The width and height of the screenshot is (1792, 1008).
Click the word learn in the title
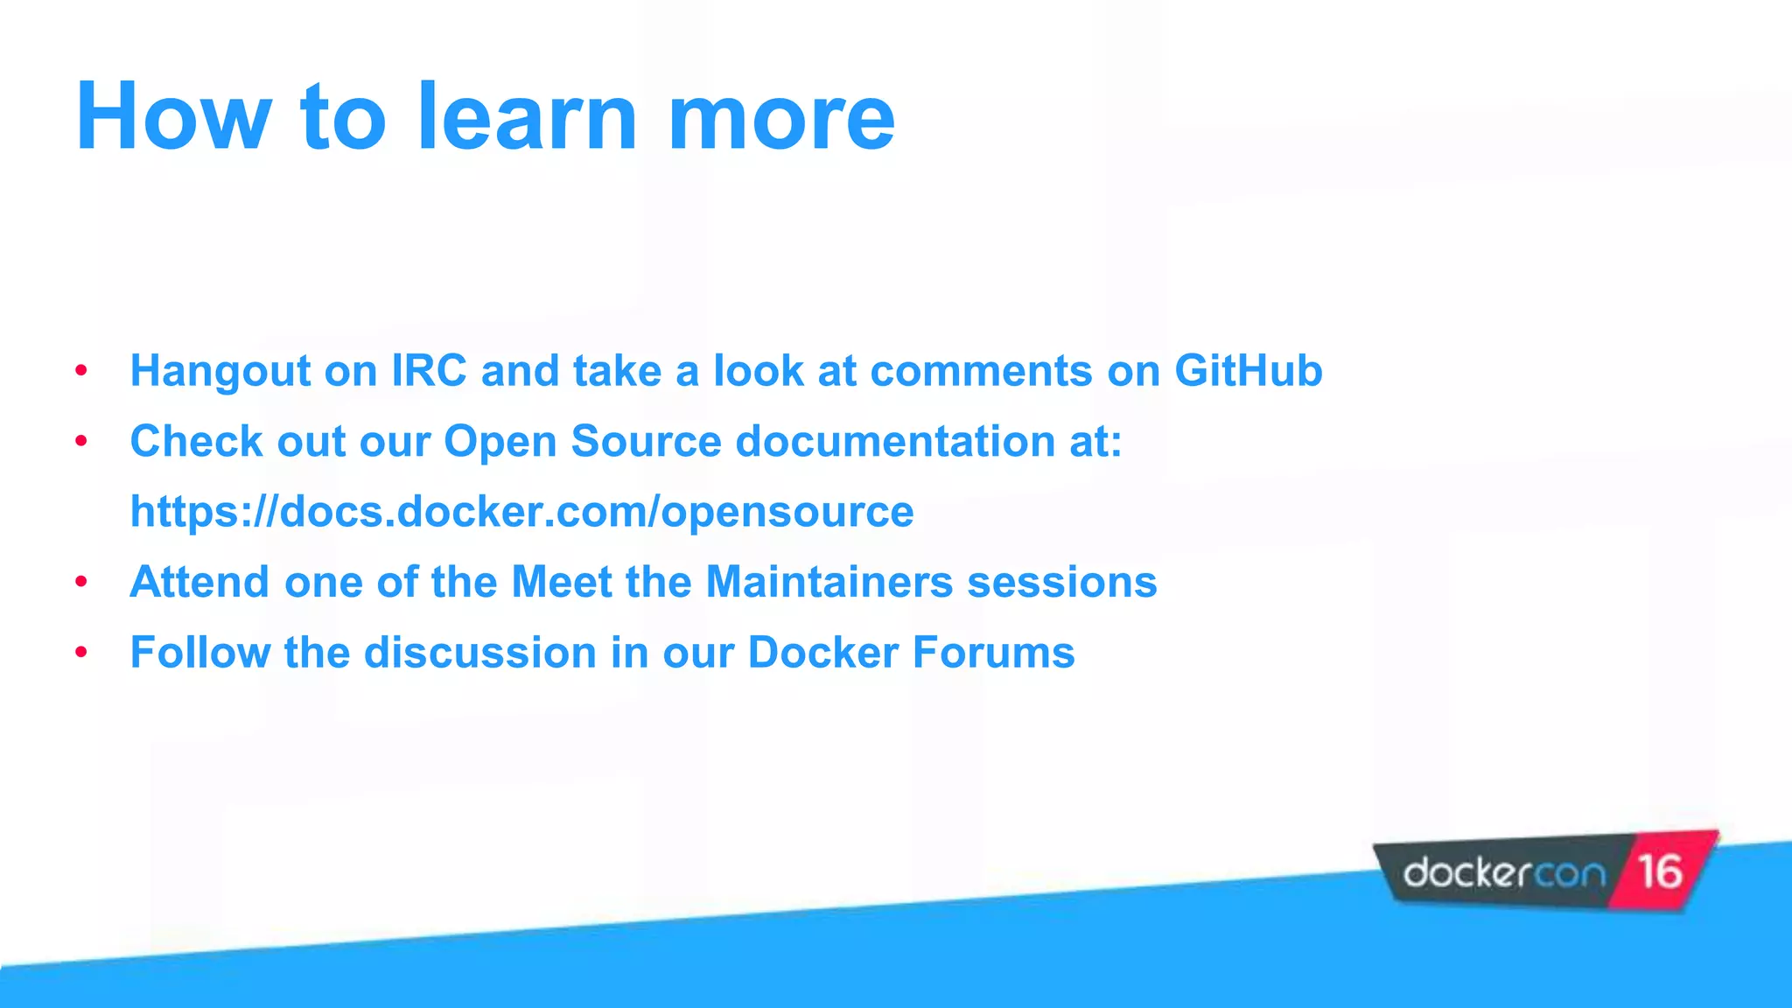[x=527, y=117]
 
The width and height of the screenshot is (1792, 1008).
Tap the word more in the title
[x=781, y=117]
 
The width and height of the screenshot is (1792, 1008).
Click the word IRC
[x=429, y=370]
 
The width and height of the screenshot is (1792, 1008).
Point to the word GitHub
[x=1248, y=370]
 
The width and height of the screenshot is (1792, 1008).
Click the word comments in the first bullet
[x=981, y=372]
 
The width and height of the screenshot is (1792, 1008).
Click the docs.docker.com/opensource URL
[x=521, y=512]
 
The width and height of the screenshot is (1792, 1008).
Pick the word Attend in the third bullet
[x=199, y=582]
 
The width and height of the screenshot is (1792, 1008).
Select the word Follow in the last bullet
[x=199, y=653]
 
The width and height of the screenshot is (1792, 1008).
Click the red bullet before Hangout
[x=81, y=371]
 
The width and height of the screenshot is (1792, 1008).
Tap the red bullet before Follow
[x=81, y=653]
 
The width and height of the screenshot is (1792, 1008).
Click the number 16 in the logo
[x=1659, y=872]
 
